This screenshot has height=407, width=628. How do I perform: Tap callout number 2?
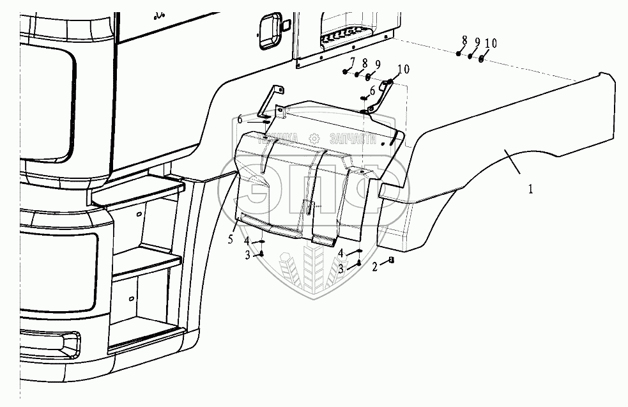(376, 268)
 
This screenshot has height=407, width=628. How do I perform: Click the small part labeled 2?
(392, 261)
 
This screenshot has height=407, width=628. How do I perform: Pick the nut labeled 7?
(346, 71)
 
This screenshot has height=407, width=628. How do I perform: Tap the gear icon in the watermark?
(314, 138)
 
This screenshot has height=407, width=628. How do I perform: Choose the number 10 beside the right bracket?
(403, 68)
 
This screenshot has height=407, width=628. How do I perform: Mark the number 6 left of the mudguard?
(240, 119)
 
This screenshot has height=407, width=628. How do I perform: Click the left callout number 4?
(246, 240)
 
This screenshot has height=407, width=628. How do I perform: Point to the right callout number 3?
(342, 269)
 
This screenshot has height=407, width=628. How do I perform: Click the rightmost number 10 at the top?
(491, 43)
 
